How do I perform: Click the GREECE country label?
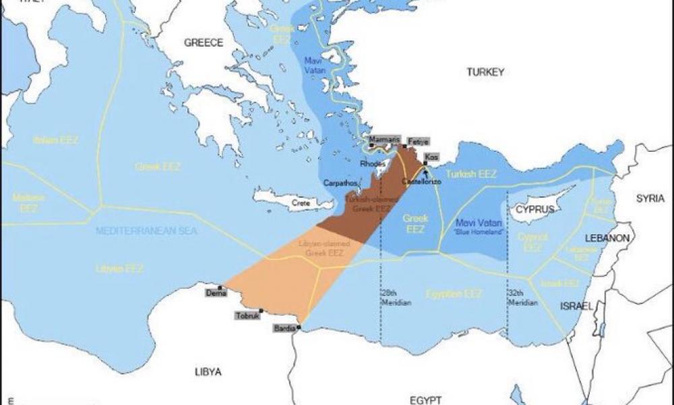pos(204,43)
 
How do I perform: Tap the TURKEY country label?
pos(485,72)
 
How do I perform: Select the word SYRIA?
pos(651,198)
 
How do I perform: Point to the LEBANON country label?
pos(607,238)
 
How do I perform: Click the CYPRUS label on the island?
pos(534,209)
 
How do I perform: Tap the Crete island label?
pos(300,202)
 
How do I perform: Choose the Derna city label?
pos(216,292)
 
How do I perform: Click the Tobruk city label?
pos(245,315)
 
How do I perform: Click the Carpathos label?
pos(339,183)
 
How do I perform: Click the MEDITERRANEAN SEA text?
pos(146,231)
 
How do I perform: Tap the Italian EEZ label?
pos(56,140)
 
